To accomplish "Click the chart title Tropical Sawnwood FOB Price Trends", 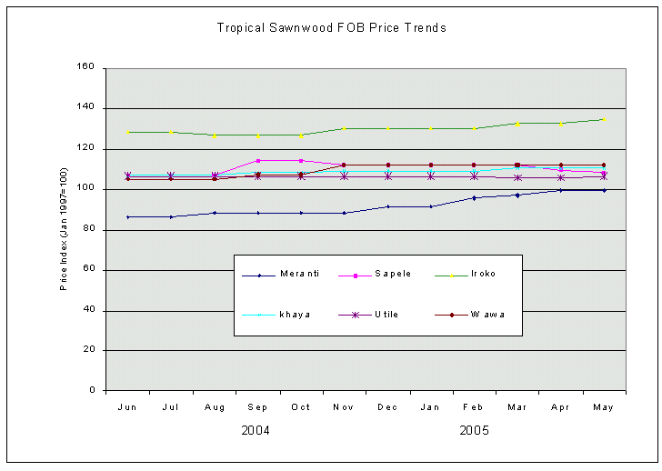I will tap(331, 27).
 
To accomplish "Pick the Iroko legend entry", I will tap(483, 274).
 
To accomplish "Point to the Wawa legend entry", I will tap(487, 315).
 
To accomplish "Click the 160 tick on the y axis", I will tap(86, 67).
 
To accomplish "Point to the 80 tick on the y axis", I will tap(89, 230).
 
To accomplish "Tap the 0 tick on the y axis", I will tap(93, 391).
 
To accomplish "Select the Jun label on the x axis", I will tap(127, 407).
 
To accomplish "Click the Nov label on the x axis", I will tap(344, 407).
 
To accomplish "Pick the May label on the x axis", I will tap(603, 407).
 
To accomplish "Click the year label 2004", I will tap(256, 430).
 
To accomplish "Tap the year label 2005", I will tap(475, 430).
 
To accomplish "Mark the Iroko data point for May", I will tap(604, 119).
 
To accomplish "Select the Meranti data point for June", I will tap(128, 216).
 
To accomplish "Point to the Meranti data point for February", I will tap(474, 197).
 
